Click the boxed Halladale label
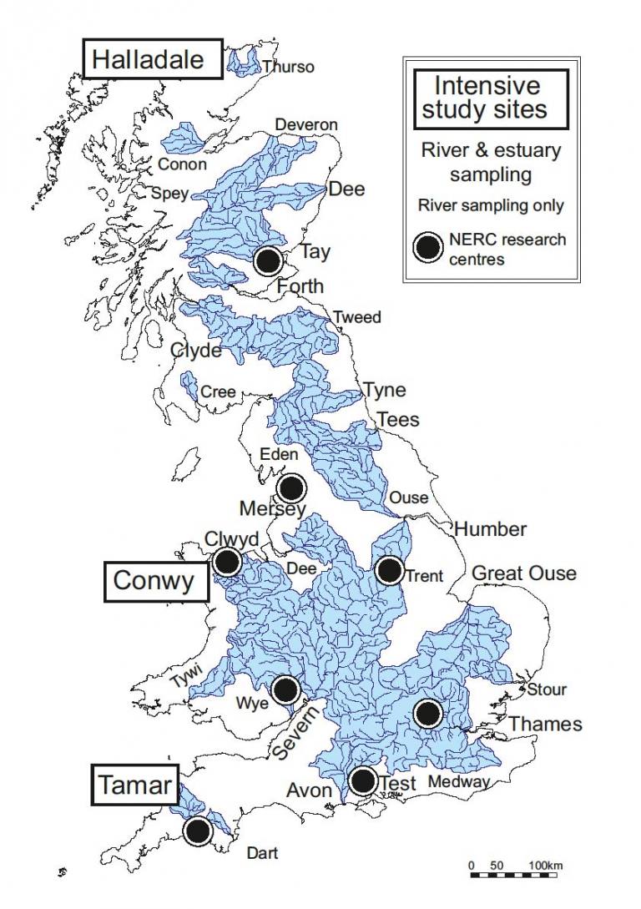tap(152, 59)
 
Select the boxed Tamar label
tap(135, 785)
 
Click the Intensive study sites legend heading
tap(485, 97)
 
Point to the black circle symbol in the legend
tap(428, 248)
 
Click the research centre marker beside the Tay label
tap(268, 260)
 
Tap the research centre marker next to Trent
tap(389, 570)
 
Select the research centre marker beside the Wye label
tap(285, 689)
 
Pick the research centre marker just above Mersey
tap(291, 487)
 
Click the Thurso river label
tap(288, 67)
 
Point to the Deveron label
tap(306, 125)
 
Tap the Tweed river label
tap(357, 317)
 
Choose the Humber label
tap(490, 528)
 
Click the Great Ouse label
tap(524, 573)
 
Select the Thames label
tap(546, 724)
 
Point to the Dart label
tap(262, 853)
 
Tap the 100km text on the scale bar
tap(545, 866)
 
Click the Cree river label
tap(218, 392)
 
